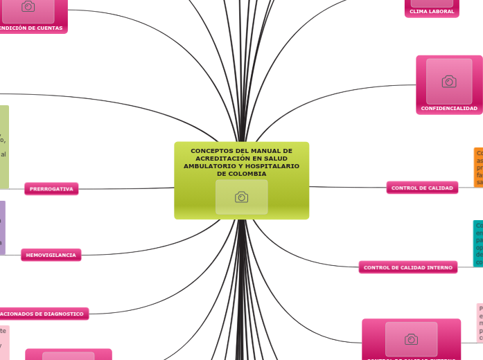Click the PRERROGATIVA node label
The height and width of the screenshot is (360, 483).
click(x=51, y=189)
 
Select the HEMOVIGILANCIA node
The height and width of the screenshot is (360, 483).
click(x=51, y=255)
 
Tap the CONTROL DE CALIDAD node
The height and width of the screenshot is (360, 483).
click(x=422, y=188)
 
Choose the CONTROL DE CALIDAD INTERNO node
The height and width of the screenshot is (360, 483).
click(x=408, y=267)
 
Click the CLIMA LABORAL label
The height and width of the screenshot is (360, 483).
click(x=432, y=12)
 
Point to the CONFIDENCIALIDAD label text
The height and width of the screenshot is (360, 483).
click(x=449, y=109)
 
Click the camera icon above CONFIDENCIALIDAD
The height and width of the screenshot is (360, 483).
click(x=449, y=82)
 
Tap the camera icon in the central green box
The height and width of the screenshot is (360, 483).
click(x=241, y=197)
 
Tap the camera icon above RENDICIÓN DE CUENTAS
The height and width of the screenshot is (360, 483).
click(x=28, y=7)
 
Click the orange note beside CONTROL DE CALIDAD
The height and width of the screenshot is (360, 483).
click(x=478, y=167)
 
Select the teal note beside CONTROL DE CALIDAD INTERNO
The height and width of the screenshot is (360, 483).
click(x=478, y=243)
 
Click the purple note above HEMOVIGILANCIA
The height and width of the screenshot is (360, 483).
click(x=2, y=227)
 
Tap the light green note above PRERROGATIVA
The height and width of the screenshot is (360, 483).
click(x=4, y=147)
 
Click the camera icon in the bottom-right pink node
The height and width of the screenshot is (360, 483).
click(x=411, y=339)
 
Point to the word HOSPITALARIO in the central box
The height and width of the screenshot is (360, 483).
click(x=272, y=166)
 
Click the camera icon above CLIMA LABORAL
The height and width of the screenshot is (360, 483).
click(x=432, y=2)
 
